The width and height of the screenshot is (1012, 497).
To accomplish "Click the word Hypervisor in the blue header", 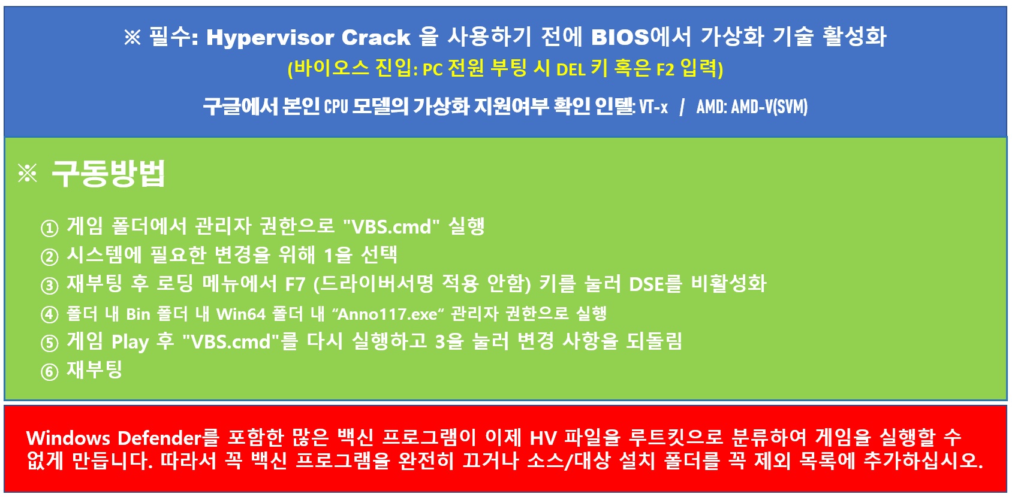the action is [x=270, y=38].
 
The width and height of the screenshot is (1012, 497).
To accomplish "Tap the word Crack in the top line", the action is [x=376, y=37].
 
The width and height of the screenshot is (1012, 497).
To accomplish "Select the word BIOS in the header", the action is [x=620, y=37].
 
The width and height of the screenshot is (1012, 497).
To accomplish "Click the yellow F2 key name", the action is [x=665, y=69].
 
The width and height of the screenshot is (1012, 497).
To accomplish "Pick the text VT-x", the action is [x=653, y=107].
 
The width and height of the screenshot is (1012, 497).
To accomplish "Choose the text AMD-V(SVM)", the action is [x=769, y=107].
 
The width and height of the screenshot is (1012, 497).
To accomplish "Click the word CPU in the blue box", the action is [x=336, y=107].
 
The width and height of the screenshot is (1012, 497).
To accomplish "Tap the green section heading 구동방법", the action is [x=109, y=173].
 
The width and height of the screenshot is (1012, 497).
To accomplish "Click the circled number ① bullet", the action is [x=50, y=228].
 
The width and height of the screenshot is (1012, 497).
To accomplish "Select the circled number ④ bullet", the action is [x=50, y=314].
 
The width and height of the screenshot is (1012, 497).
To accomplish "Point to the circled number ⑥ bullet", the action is [x=50, y=371].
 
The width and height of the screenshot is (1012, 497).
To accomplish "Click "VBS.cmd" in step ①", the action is [x=391, y=226].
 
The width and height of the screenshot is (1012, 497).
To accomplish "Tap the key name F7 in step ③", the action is [x=295, y=284].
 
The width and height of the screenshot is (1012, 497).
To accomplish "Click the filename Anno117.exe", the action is [x=388, y=314].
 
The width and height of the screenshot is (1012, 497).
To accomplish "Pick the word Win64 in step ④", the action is [x=241, y=314].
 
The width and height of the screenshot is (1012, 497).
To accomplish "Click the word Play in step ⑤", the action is [x=130, y=342].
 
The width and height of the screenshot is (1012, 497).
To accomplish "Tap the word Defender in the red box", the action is [x=159, y=438].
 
